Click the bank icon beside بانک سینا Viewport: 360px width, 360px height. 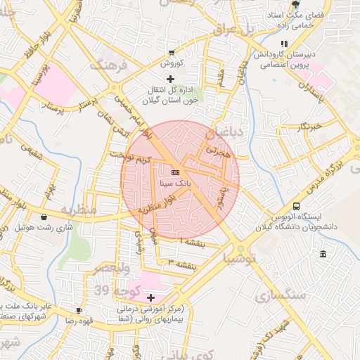[174, 172]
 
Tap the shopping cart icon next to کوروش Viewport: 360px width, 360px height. [172, 53]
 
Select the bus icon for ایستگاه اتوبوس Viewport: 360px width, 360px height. [296, 207]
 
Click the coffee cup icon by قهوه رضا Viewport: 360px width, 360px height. [79, 310]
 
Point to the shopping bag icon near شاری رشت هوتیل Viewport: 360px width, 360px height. [46, 217]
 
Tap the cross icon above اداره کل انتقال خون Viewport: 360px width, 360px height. [169, 78]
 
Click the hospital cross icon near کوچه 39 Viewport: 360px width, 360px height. [150, 298]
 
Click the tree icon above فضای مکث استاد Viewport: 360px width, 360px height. [294, 5]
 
